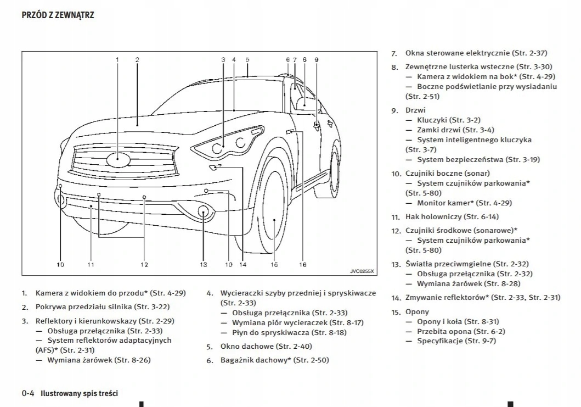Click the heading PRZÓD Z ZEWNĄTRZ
[x=58, y=15]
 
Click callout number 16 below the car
[x=302, y=264]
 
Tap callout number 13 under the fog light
[x=204, y=264]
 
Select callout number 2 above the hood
[x=137, y=59]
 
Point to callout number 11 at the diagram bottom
[x=91, y=264]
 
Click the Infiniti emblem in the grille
[x=118, y=160]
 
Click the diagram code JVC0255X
[x=362, y=271]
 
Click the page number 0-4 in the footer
[x=29, y=393]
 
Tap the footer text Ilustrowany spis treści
[x=79, y=393]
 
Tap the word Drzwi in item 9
[x=415, y=110]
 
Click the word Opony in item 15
[x=418, y=311]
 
